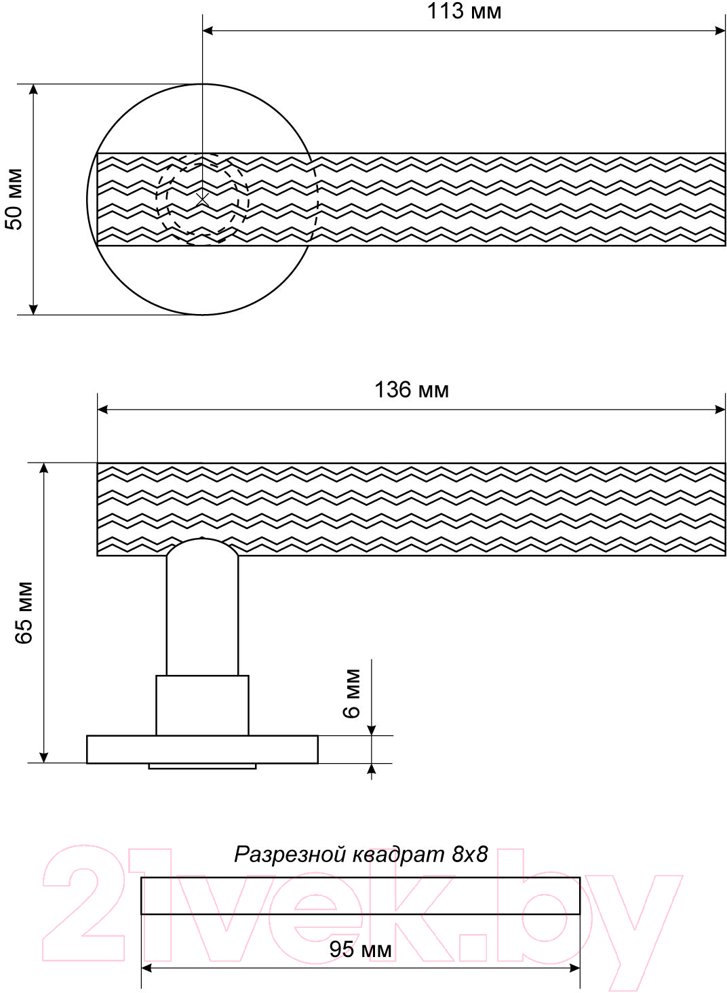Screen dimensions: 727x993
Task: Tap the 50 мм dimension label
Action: tap(14, 199)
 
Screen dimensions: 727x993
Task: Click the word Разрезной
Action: tap(290, 855)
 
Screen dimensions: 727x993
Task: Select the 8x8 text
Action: tap(470, 854)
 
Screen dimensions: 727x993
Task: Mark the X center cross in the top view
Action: tap(203, 200)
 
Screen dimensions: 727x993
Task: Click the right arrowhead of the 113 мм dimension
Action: tap(720, 31)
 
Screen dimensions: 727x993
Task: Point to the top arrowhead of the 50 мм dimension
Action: tap(33, 90)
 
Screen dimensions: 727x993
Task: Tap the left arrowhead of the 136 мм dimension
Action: tap(103, 410)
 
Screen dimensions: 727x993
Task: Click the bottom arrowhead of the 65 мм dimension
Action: tap(43, 757)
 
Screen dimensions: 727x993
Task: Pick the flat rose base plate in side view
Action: tap(202, 749)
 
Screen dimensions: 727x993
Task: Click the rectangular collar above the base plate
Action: tap(202, 705)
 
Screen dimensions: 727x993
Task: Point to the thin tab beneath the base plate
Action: tap(202, 766)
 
